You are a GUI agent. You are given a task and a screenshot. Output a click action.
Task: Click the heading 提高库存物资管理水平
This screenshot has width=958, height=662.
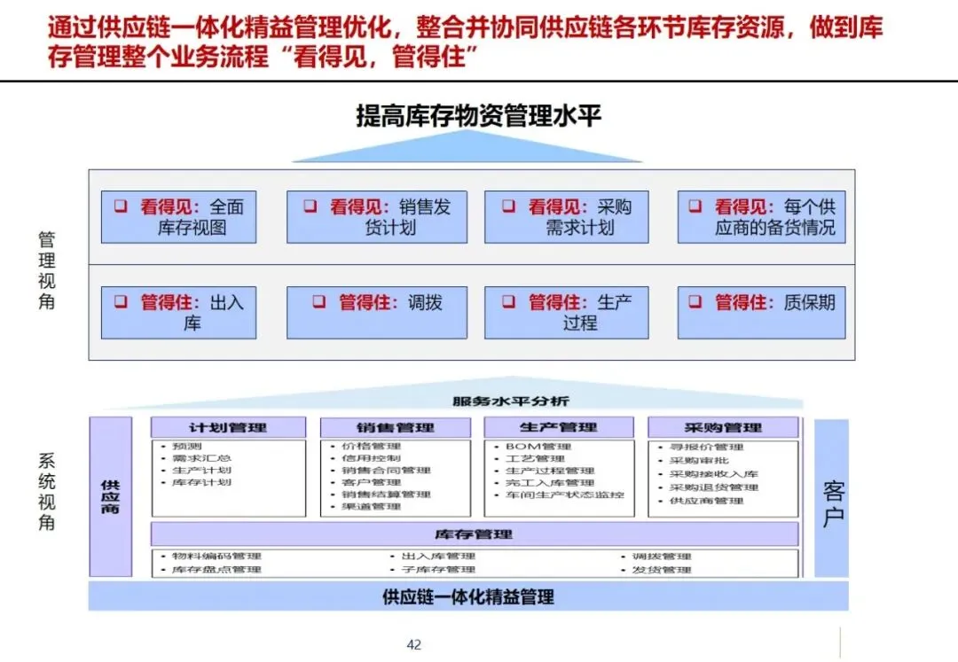(478, 116)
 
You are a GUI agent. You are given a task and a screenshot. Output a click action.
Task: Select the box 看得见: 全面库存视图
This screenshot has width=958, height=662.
(178, 217)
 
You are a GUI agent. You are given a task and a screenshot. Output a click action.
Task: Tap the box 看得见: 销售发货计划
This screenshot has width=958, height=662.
(376, 217)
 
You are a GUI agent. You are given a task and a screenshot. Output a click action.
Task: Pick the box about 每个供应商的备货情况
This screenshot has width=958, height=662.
(761, 217)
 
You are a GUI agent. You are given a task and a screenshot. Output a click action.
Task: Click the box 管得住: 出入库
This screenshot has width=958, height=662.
(178, 312)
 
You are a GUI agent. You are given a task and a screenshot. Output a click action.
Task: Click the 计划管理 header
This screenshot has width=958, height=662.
(228, 428)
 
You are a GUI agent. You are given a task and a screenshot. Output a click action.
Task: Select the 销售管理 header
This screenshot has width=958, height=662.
(396, 428)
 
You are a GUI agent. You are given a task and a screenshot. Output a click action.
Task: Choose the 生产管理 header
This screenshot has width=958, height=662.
(558, 428)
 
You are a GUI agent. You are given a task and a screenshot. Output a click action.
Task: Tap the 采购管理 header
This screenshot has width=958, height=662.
(723, 428)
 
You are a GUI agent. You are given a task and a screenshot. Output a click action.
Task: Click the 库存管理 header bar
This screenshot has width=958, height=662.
(474, 534)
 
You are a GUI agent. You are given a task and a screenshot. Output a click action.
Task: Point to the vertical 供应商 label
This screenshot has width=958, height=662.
(111, 497)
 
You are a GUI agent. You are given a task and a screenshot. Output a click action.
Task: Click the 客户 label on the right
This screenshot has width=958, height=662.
(832, 506)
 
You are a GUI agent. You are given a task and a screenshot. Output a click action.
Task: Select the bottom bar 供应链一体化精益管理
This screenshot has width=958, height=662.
(467, 596)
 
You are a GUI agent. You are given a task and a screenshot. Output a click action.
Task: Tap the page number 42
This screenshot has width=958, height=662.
(413, 644)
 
